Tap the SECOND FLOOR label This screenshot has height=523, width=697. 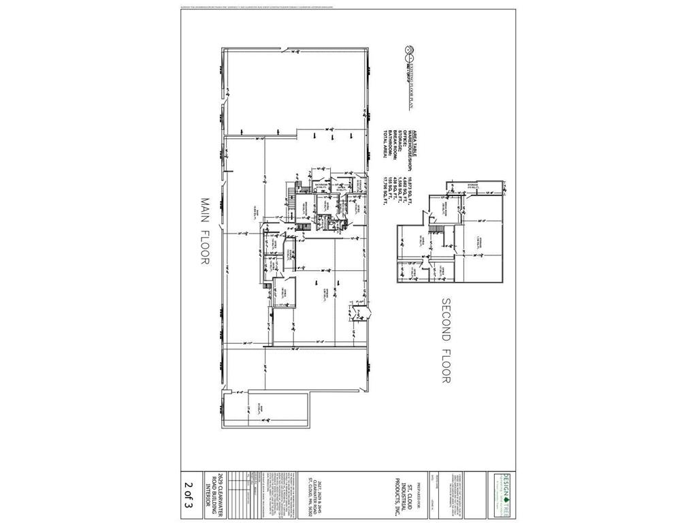point(447,340)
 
